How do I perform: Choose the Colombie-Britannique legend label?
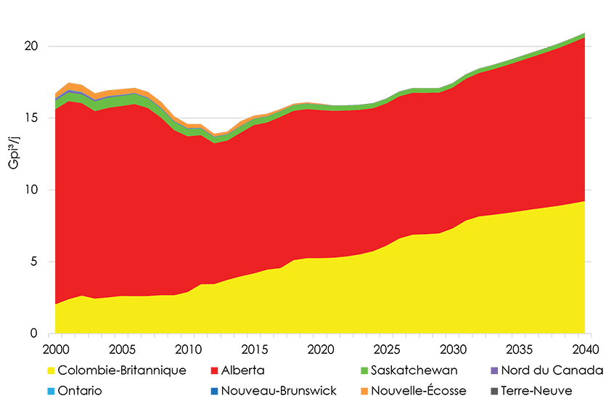[x=121, y=370]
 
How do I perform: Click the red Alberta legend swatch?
[x=212, y=370]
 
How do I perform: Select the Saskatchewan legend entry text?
[x=414, y=370]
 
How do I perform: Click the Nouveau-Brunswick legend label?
[x=279, y=391]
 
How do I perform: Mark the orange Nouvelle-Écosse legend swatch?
[x=361, y=391]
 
